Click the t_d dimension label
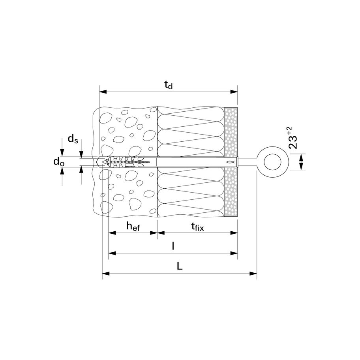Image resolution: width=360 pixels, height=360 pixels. point(169,85)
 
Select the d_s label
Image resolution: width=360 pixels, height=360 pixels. point(73,139)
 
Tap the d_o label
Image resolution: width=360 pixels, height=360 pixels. point(59,162)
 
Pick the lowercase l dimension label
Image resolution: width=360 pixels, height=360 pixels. point(173,246)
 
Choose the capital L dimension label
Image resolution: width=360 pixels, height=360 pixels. point(180,266)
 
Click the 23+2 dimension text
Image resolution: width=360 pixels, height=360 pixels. point(292,137)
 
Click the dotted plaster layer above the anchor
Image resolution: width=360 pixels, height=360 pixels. point(231,130)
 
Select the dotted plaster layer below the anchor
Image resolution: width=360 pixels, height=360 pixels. point(231,191)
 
